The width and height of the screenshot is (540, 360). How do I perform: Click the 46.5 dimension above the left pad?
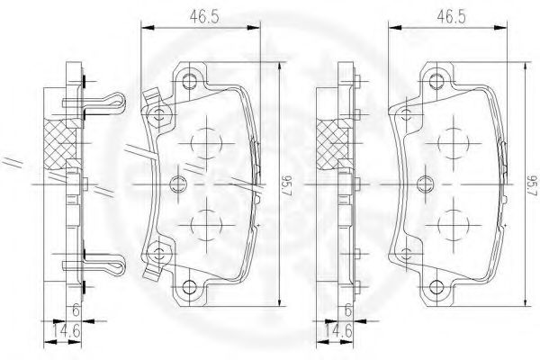click(x=204, y=17)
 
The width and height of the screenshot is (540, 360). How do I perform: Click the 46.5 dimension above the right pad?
click(x=452, y=17)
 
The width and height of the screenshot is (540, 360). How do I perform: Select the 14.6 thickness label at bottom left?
click(x=67, y=331)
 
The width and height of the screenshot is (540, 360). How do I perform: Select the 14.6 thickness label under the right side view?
click(x=337, y=331)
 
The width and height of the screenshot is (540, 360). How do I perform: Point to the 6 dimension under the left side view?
click(x=76, y=310)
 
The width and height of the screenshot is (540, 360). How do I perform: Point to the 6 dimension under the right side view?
click(x=347, y=310)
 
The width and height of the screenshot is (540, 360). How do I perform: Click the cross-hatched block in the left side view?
click(x=59, y=144)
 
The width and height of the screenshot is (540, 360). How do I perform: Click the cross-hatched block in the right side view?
click(x=331, y=145)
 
